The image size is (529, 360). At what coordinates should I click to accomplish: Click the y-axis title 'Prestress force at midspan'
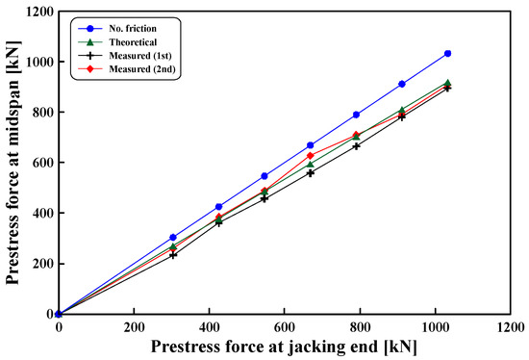tap(15, 164)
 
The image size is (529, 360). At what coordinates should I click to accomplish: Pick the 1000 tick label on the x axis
tap(436, 327)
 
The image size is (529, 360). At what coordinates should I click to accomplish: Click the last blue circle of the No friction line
tap(447, 54)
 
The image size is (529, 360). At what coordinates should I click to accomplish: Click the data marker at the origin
tap(59, 314)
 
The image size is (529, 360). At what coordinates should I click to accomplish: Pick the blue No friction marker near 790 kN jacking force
tap(356, 115)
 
